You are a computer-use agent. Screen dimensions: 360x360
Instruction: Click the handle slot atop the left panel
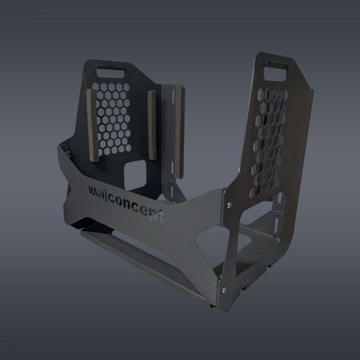(x=113, y=67)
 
